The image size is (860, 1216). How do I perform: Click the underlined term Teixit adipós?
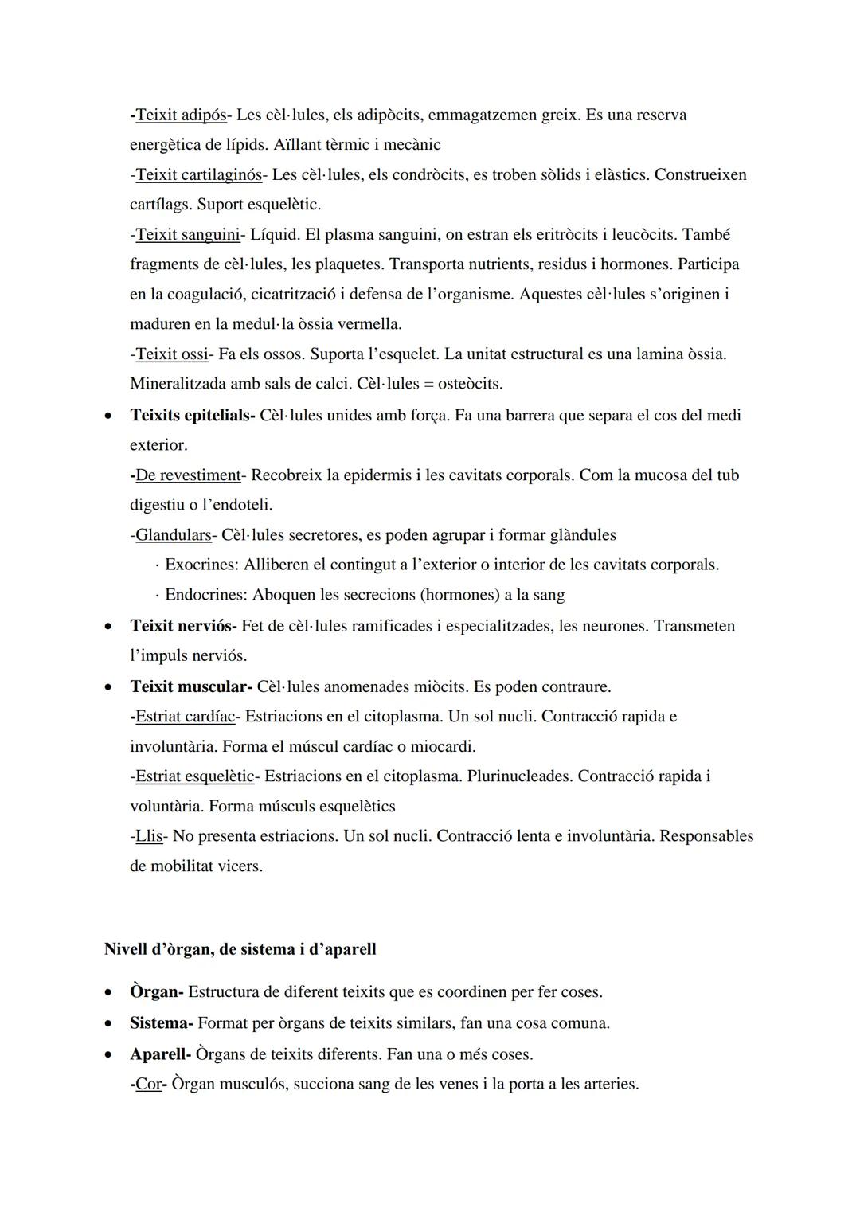click(x=181, y=115)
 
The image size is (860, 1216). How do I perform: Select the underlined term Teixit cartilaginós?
click(x=198, y=175)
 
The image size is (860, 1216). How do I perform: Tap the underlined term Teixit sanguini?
click(x=187, y=235)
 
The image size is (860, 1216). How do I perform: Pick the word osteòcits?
click(x=470, y=384)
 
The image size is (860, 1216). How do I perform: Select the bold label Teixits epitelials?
click(x=191, y=416)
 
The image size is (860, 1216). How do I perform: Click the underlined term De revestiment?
click(x=188, y=475)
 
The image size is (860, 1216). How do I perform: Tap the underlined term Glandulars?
click(x=173, y=535)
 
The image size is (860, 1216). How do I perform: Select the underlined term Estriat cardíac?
click(x=185, y=717)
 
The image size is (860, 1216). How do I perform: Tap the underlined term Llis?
click(x=149, y=836)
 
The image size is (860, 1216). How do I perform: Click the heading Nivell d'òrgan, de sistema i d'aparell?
click(x=240, y=949)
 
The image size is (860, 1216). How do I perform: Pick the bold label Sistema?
click(x=160, y=1023)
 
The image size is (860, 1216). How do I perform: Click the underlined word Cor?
click(x=148, y=1085)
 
